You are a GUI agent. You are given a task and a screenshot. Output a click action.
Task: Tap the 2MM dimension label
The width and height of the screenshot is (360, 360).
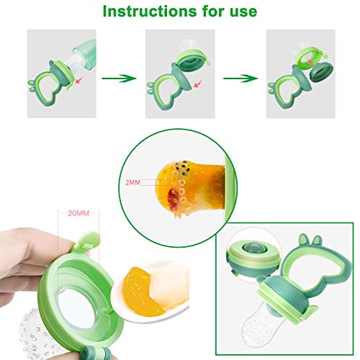132,183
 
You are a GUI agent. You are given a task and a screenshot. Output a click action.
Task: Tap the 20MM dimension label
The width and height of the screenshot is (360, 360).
78,213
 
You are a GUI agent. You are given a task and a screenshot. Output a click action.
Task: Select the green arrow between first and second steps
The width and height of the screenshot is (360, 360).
120,78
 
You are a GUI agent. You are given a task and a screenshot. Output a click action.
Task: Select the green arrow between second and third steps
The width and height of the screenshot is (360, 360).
240,78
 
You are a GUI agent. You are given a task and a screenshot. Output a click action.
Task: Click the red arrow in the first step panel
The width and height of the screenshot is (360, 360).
78,80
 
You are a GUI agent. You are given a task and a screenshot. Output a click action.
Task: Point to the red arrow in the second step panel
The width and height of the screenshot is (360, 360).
197,84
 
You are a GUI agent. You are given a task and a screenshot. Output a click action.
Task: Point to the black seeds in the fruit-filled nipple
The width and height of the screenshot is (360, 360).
181,167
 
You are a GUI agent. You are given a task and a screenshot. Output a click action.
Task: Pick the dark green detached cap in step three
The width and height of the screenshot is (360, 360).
321,72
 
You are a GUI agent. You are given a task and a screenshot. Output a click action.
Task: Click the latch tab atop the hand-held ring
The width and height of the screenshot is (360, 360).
89,240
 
